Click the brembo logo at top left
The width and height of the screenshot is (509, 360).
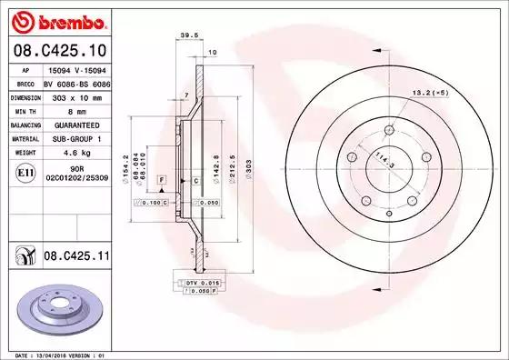tap(56, 20)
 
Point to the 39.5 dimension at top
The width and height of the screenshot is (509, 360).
tap(189, 37)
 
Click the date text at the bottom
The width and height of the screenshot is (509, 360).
tap(56, 354)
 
